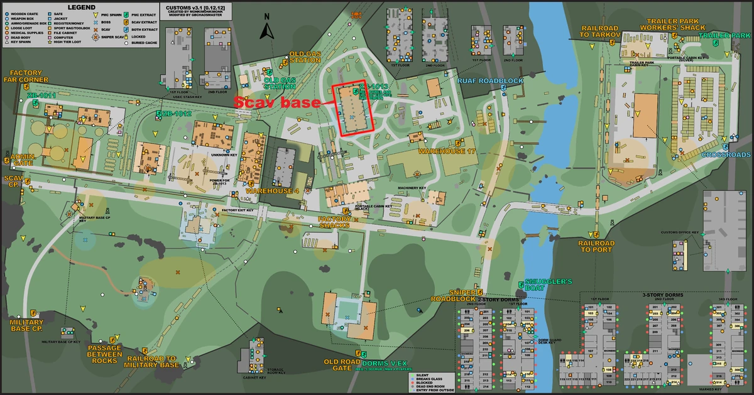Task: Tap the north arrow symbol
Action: tap(267, 30)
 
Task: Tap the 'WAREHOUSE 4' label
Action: tap(272, 190)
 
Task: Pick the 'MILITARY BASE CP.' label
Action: tap(25, 325)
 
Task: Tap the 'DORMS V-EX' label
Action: tap(385, 363)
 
